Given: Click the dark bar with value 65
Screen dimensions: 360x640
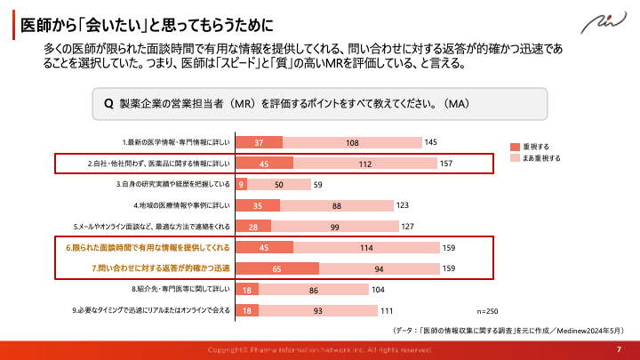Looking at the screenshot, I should click(x=277, y=268).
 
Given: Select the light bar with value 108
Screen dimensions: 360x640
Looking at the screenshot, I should click(x=352, y=142).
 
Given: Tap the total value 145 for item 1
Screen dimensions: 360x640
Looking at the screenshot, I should click(x=431, y=142).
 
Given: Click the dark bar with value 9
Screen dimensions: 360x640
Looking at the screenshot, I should click(x=241, y=185).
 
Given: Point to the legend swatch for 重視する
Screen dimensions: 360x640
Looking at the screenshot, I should click(x=515, y=146).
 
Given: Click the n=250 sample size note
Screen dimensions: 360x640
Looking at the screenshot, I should click(x=490, y=312).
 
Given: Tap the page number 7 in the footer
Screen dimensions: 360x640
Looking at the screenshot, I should click(x=619, y=349).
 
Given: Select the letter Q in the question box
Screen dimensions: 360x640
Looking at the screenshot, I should click(x=108, y=104).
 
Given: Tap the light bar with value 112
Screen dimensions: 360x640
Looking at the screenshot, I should click(x=365, y=164).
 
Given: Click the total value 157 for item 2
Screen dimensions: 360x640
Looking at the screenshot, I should click(x=446, y=164).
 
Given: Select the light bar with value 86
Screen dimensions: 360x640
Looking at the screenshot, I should click(x=313, y=290).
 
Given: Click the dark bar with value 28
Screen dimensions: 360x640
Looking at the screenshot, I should click(x=253, y=227).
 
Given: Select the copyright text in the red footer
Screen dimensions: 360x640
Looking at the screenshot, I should click(x=320, y=349).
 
